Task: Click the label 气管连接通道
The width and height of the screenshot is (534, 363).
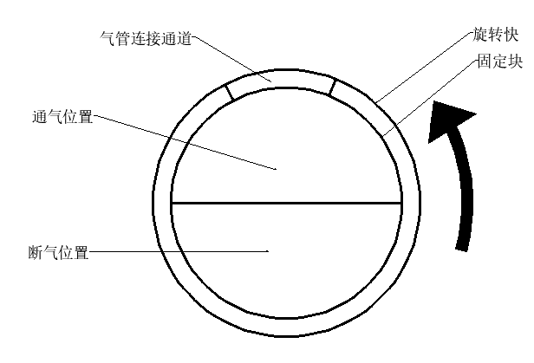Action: click(x=146, y=39)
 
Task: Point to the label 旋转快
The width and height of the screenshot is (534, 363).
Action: click(x=498, y=36)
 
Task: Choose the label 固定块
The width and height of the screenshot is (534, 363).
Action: click(x=498, y=63)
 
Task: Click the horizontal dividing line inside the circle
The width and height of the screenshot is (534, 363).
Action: click(x=286, y=203)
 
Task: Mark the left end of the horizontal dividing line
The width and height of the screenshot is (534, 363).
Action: click(x=172, y=203)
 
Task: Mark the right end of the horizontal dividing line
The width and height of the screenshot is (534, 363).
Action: click(x=401, y=203)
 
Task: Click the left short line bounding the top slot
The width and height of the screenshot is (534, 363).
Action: click(x=228, y=89)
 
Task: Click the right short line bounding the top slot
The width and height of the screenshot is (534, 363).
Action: click(x=331, y=87)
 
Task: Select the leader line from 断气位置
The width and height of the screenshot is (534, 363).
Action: click(x=178, y=253)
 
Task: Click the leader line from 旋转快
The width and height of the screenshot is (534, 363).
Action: click(x=425, y=68)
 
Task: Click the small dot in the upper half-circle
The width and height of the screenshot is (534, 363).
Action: click(x=277, y=169)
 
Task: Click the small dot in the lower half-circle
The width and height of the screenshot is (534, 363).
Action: click(x=268, y=252)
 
